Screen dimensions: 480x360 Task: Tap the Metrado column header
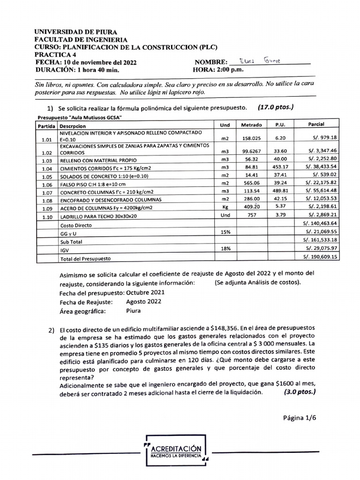[x=252, y=125]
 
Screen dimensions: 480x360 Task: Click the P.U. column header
[x=280, y=125]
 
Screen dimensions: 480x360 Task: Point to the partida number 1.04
[x=45, y=168]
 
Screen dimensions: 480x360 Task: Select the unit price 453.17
[x=280, y=167]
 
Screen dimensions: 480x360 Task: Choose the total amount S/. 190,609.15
[x=321, y=257]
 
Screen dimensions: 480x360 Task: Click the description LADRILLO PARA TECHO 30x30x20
[x=99, y=217]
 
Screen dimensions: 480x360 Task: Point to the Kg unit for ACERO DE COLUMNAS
[x=225, y=207]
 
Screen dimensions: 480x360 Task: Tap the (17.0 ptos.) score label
[x=276, y=107]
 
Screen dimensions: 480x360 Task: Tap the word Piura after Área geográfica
[x=134, y=310]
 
